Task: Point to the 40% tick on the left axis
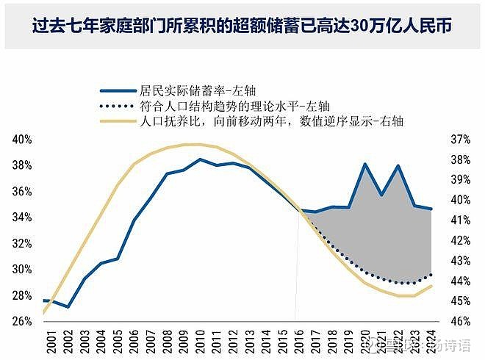pos(22,139)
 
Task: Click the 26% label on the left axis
pos(22,321)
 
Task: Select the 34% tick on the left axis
pos(22,217)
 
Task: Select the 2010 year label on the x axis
pos(199,340)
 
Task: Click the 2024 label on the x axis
pos(431,340)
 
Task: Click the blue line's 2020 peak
pos(365,164)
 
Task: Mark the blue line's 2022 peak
pos(398,165)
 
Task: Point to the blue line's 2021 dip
pos(381,195)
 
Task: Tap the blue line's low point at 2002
pos(68,306)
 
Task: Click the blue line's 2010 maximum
pos(199,159)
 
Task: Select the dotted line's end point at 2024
pos(431,273)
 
